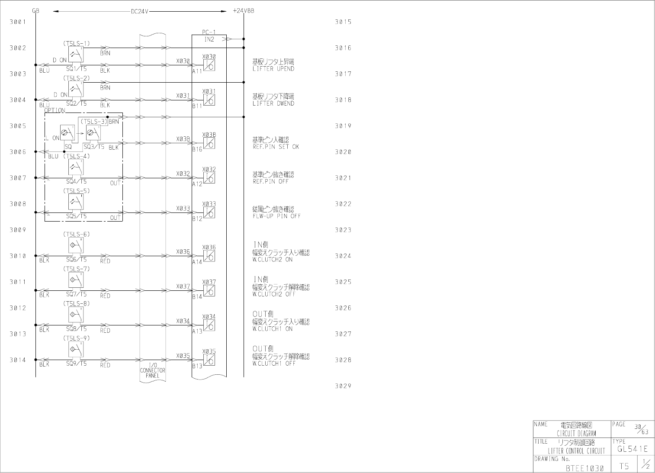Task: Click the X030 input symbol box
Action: coord(209,65)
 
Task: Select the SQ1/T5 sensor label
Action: coord(76,69)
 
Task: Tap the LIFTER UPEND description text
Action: coord(273,69)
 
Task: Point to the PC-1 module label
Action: coord(209,32)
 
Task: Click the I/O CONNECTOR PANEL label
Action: coord(153,370)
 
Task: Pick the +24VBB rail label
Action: coord(243,11)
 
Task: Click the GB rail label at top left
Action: coord(35,11)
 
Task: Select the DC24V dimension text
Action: coord(140,12)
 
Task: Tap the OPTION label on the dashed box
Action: coord(55,110)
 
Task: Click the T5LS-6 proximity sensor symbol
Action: coord(76,246)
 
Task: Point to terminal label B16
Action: coord(197,149)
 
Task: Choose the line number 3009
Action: coord(18,230)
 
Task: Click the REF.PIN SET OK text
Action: coord(276,147)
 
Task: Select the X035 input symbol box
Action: coord(209,360)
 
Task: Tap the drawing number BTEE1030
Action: coord(584,468)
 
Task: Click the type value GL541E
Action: coord(633,449)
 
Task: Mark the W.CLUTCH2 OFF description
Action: coord(274,294)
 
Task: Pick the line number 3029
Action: coord(343,386)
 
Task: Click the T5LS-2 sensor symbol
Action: coord(76,89)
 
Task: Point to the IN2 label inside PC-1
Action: coord(209,39)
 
